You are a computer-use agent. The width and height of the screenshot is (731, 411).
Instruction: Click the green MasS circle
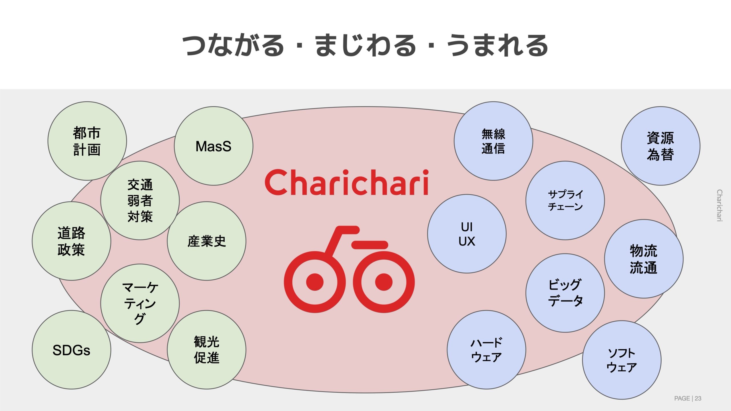tap(214, 146)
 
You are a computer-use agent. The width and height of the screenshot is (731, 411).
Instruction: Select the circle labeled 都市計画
tap(87, 141)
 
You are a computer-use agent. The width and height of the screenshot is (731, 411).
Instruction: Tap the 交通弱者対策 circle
tap(140, 200)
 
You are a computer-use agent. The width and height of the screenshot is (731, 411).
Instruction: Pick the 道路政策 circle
tap(71, 241)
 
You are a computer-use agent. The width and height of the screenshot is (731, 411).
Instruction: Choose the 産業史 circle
tap(206, 241)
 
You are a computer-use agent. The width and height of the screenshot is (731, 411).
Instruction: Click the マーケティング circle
tap(140, 303)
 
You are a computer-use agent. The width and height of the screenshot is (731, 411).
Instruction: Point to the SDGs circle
tap(71, 350)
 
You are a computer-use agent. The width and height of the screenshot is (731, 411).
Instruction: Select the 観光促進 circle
tap(206, 350)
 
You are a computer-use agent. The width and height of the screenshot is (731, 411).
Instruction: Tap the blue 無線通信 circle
tap(493, 141)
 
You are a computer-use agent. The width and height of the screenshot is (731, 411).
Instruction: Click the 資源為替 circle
tap(660, 146)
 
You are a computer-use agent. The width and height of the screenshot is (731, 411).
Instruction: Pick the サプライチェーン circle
tap(565, 200)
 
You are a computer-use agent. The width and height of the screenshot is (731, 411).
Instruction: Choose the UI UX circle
tap(467, 234)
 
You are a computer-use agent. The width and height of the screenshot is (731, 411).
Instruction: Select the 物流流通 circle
tap(644, 259)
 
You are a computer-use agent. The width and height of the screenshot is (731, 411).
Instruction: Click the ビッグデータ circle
tap(565, 293)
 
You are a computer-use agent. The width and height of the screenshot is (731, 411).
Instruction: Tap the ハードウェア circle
tap(486, 350)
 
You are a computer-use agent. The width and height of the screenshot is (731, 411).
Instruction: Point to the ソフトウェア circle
tap(622, 360)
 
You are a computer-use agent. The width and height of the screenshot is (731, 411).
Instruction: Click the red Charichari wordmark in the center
tap(347, 182)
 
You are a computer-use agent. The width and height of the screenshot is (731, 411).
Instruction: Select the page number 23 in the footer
tap(698, 398)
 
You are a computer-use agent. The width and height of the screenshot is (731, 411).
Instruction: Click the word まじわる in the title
tap(365, 45)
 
